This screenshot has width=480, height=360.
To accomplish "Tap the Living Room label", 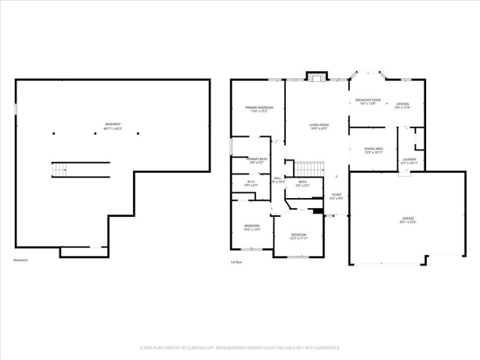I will [318, 126].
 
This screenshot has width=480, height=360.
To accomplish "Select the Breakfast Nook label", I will [368, 102].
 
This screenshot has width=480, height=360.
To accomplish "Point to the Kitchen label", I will [402, 105].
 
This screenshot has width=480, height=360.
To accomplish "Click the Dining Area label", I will [374, 150].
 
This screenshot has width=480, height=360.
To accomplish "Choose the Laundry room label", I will [410, 161].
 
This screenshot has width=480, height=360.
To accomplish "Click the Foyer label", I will [336, 196].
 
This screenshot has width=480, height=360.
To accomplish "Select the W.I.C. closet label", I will [251, 184].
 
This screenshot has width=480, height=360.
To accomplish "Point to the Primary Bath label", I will [258, 160].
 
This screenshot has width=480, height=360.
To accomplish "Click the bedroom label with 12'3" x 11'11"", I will [299, 236].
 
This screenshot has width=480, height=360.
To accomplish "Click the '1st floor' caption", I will [236, 261].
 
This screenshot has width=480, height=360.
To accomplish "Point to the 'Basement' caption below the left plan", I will [21, 260].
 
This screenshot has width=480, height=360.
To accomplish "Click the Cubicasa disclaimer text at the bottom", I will [240, 347].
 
